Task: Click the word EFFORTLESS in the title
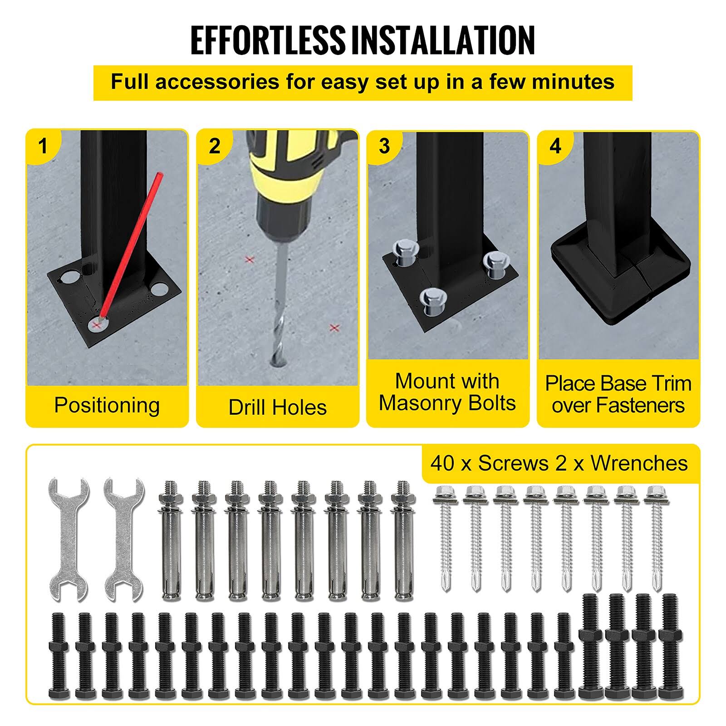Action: coord(268,40)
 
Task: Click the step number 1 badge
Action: coord(43,146)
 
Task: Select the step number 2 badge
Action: coord(214,146)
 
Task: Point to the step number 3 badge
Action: coord(384,146)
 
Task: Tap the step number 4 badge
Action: coord(555,146)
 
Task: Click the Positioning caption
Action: coord(107,405)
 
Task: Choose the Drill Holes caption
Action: coord(278,407)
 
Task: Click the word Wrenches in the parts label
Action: coord(639,463)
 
